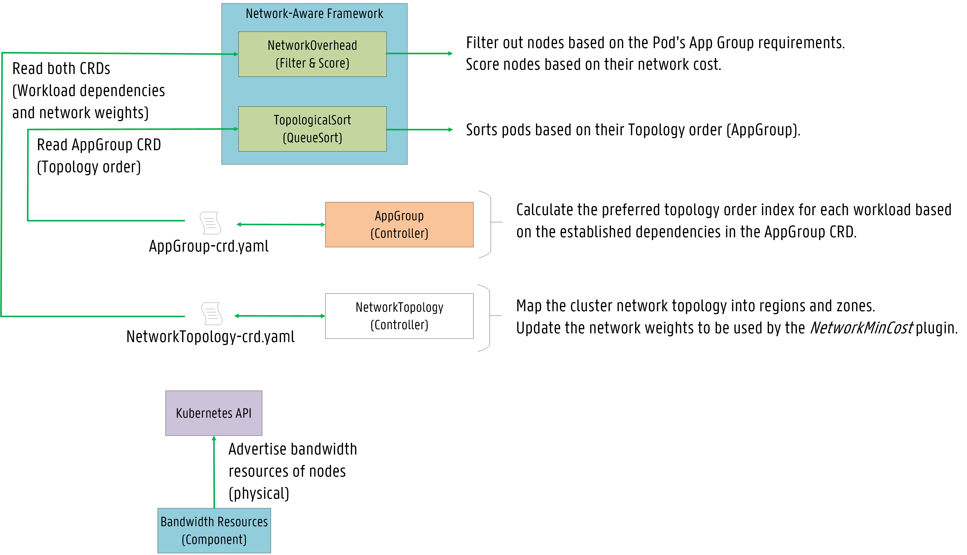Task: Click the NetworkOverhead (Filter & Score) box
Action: click(313, 54)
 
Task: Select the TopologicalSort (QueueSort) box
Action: click(313, 129)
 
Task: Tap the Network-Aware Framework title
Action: click(314, 14)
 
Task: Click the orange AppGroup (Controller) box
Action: click(399, 225)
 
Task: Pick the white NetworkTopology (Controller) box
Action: click(399, 316)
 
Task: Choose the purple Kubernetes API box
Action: click(214, 413)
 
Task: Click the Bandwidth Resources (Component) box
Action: click(214, 531)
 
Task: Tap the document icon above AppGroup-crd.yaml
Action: click(210, 223)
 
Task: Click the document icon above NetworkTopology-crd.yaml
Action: click(212, 314)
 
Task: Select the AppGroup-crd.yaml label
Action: click(209, 246)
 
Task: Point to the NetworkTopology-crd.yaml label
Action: click(210, 337)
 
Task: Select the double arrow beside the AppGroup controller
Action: click(281, 225)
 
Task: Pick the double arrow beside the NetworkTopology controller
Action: click(280, 316)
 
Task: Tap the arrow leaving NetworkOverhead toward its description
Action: click(419, 54)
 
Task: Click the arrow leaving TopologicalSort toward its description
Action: click(419, 130)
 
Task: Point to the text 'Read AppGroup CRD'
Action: click(99, 145)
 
